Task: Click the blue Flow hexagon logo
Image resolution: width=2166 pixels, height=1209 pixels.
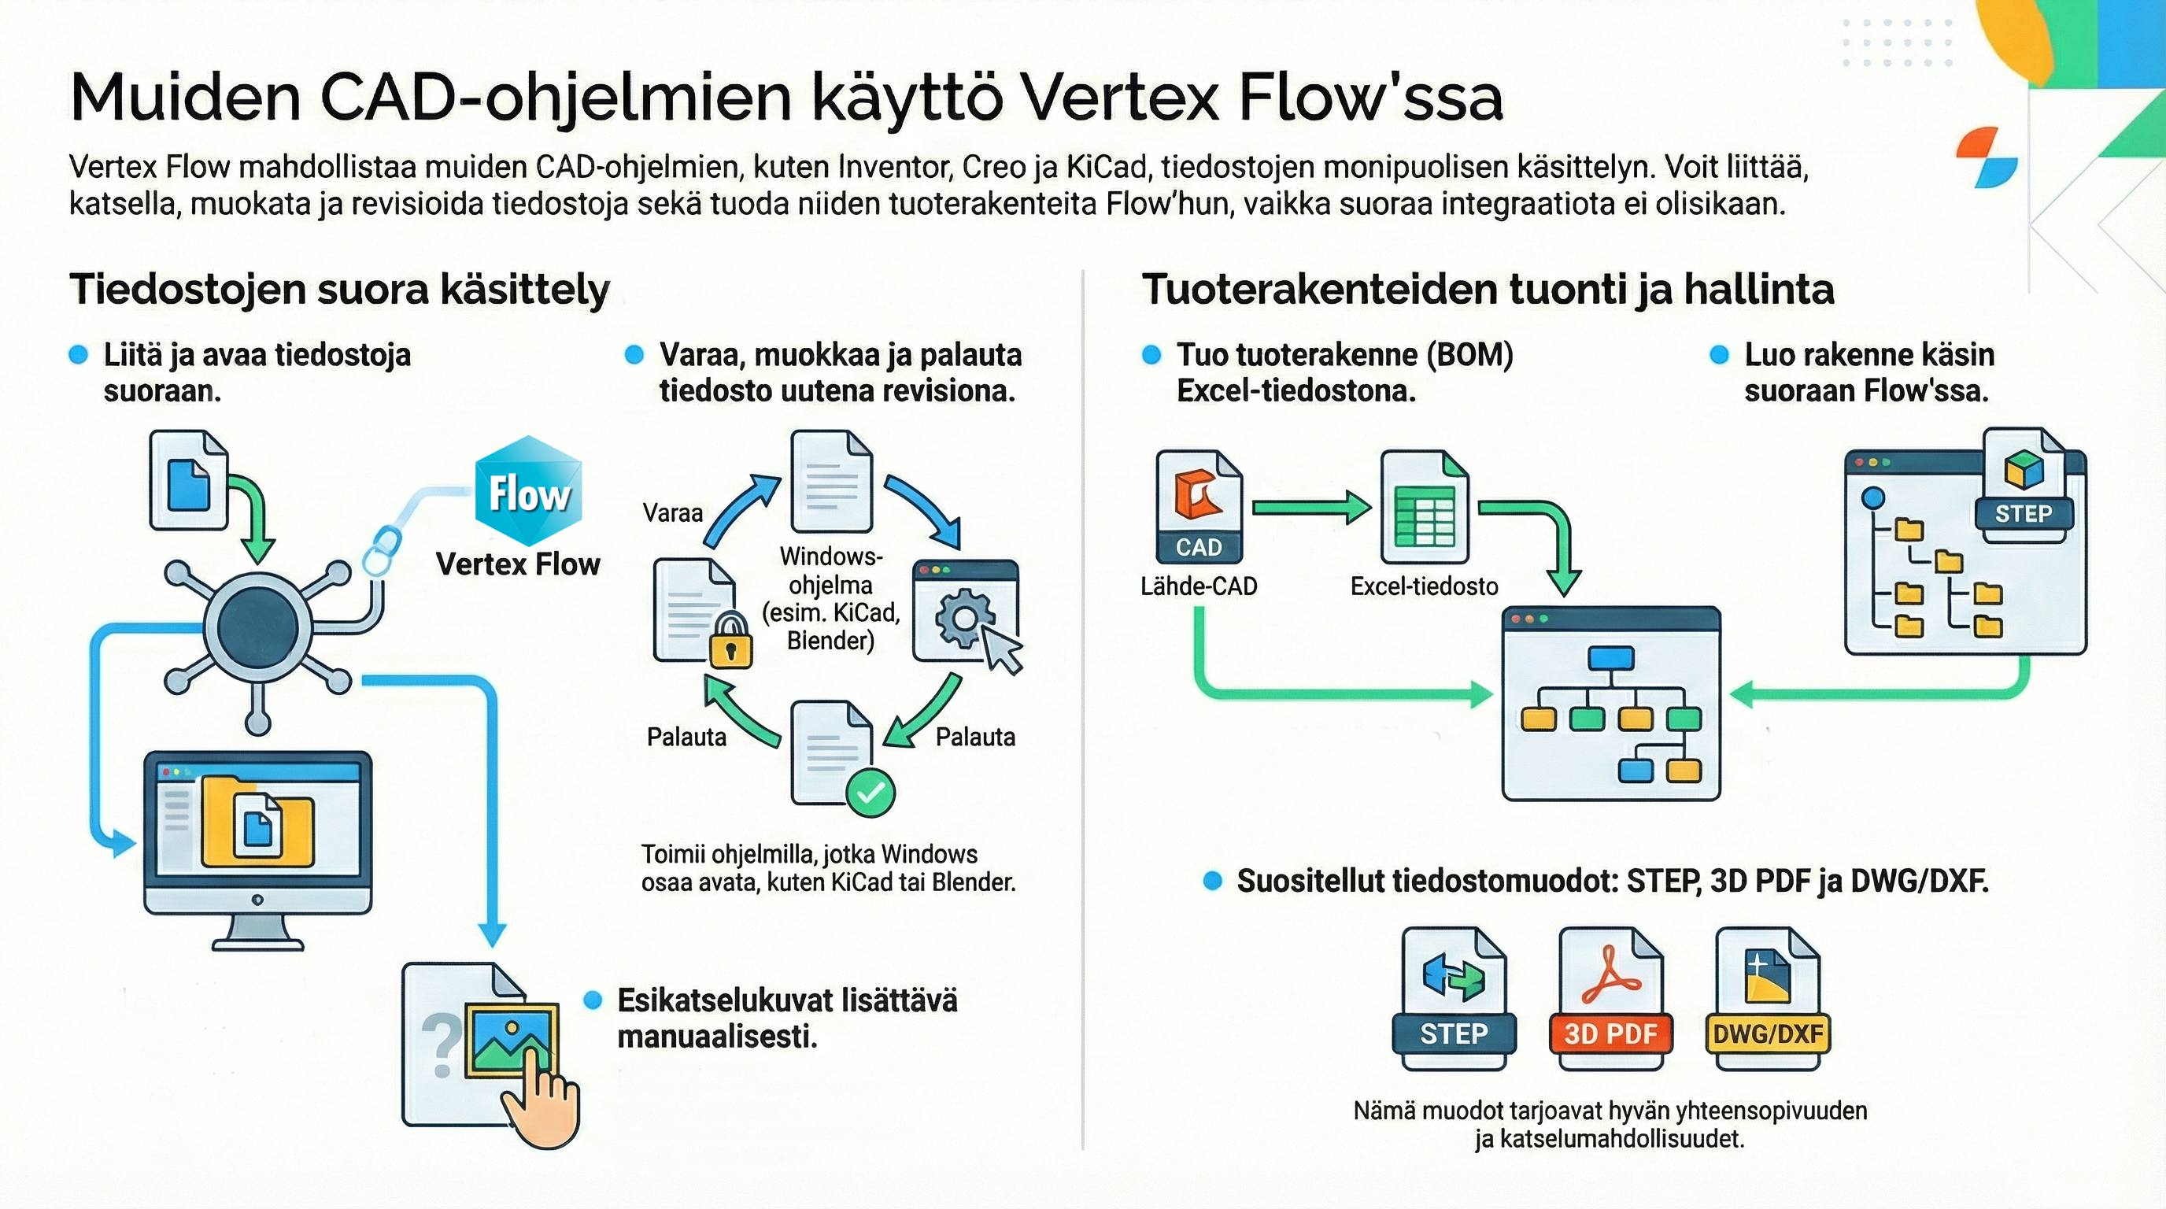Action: [x=528, y=491]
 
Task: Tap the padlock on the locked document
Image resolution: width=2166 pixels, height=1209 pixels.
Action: [x=729, y=641]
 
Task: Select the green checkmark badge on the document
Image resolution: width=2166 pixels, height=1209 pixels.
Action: [x=870, y=792]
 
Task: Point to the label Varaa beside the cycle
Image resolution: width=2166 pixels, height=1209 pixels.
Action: [x=672, y=513]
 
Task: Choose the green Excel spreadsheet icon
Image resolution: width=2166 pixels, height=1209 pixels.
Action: [x=1424, y=507]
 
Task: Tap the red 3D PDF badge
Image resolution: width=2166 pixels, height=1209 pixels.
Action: [x=1610, y=1033]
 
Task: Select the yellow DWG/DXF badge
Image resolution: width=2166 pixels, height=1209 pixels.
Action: [x=1768, y=1033]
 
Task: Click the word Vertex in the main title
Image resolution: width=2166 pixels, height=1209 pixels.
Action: [x=1118, y=98]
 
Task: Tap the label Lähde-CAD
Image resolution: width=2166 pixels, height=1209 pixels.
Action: [x=1198, y=586]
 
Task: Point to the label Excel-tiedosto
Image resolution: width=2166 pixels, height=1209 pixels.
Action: [x=1424, y=586]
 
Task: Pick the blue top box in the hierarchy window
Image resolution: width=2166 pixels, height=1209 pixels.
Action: [x=1611, y=658]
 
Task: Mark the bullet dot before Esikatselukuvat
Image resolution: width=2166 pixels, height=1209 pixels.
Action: [x=593, y=1000]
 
